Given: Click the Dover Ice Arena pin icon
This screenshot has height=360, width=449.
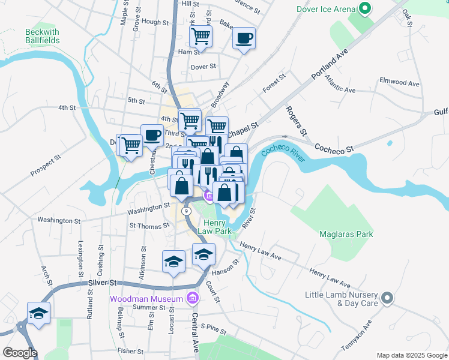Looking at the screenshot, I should point(364,9).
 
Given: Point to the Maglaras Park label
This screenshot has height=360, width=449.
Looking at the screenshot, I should point(346,234).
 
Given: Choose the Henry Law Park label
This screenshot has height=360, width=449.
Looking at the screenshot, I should point(215,226).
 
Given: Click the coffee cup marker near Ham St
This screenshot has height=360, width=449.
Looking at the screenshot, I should point(244,39).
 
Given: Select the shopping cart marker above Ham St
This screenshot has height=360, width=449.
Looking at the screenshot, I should point(200,36).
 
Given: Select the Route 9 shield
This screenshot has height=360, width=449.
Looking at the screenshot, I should point(187,211).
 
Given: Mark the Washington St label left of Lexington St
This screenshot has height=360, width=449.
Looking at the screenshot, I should point(59,220).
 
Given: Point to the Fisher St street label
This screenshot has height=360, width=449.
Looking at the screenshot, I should point(130,351).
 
